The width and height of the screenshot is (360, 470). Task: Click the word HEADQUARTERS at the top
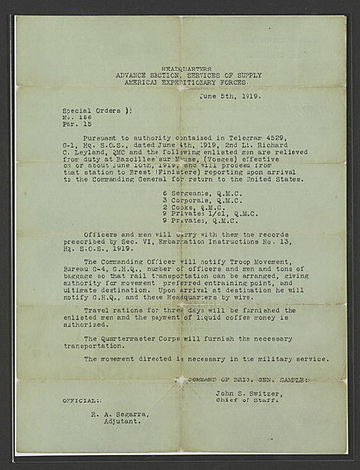(180, 60)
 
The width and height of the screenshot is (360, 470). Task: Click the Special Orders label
(86, 112)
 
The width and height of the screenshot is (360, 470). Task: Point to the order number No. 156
(74, 120)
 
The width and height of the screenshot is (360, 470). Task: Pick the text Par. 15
(74, 128)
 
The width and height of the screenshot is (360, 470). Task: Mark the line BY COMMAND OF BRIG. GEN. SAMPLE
(248, 380)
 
